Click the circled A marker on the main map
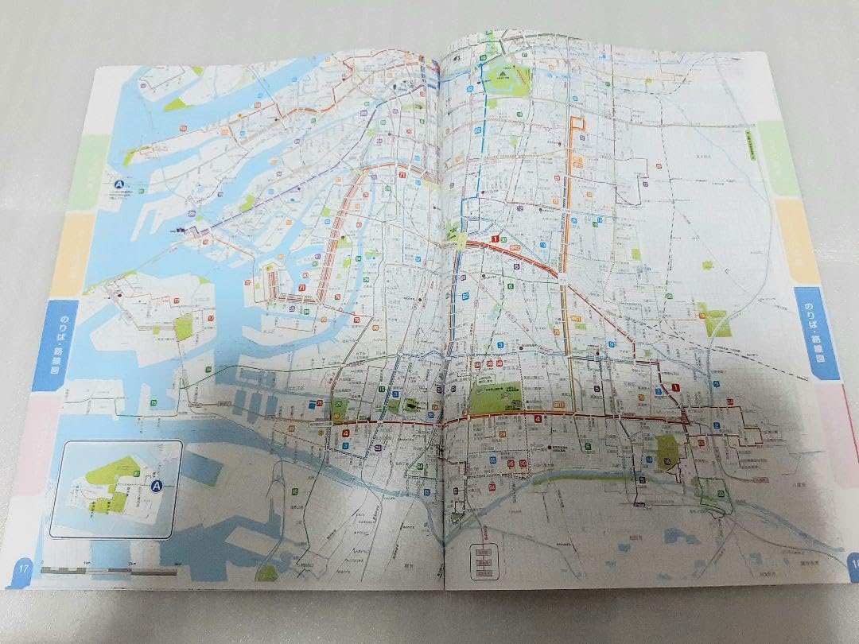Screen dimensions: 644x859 121,184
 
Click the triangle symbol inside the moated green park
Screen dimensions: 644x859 503,76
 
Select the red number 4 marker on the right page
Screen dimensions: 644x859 538,419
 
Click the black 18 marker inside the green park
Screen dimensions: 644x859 667,463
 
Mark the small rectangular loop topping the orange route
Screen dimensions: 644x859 577,124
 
